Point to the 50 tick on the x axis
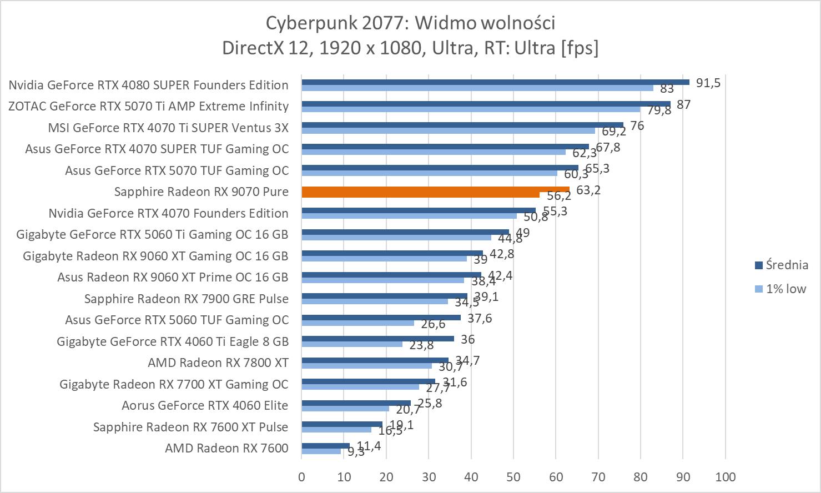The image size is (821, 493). tap(513, 477)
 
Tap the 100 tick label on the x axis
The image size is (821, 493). tap(726, 477)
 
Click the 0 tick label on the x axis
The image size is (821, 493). tap(301, 477)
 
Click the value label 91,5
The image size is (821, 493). tap(708, 83)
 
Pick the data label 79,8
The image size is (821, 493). tap(659, 110)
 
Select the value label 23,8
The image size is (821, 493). tap(421, 345)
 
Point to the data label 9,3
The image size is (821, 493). tap(356, 452)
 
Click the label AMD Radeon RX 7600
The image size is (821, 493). tap(226, 448)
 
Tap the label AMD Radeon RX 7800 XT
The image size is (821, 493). tap(218, 363)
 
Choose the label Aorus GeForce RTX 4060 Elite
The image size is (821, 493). tap(205, 405)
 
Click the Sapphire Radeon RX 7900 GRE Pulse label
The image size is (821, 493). tap(187, 299)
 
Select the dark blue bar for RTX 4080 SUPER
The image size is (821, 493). tap(495, 82)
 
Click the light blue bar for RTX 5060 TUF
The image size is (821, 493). tap(357, 323)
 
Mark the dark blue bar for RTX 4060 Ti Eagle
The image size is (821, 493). tap(377, 339)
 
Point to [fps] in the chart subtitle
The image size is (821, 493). tap(580, 48)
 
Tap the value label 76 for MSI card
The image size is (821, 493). tap(637, 126)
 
